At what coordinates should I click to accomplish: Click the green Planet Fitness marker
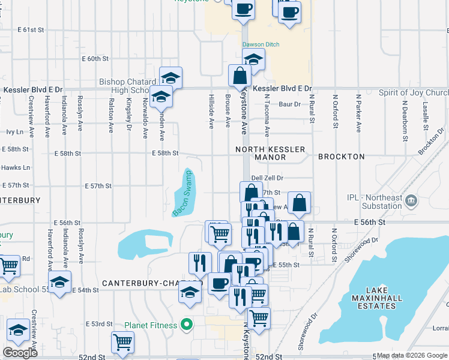187,325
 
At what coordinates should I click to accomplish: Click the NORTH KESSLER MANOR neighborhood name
270,153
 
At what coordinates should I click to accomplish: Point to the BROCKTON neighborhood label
341,157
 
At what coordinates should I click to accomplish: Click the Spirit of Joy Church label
413,93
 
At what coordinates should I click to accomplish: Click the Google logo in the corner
20,353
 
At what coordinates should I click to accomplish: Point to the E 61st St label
31,29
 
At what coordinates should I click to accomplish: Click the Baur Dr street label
289,104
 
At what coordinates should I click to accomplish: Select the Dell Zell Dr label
267,178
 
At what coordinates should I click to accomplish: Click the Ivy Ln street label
14,131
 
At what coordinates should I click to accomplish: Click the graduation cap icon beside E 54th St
60,282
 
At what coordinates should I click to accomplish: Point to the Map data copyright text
411,356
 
